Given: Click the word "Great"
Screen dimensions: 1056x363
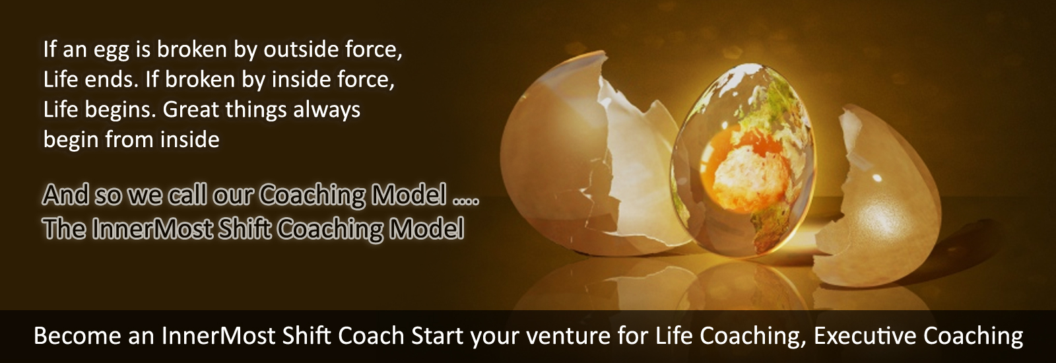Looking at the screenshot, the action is click(x=191, y=110).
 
